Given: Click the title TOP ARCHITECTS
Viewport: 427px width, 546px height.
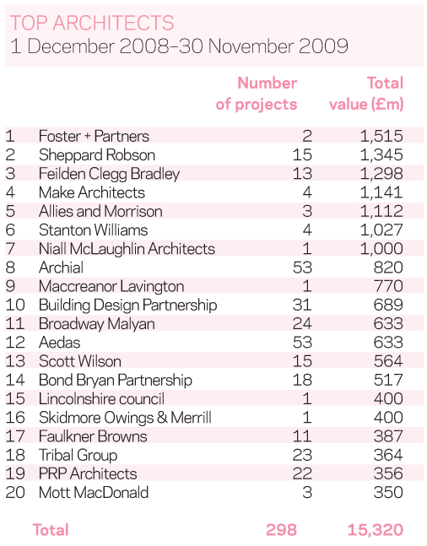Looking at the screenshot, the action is (92, 23).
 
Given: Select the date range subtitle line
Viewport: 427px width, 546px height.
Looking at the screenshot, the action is (179, 46).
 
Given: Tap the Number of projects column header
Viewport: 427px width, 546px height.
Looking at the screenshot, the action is (257, 94).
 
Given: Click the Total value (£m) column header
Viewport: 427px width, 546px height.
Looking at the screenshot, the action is (366, 94).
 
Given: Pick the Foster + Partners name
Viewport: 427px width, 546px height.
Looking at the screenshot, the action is (94, 136).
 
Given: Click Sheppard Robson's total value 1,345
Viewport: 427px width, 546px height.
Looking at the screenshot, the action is (381, 155).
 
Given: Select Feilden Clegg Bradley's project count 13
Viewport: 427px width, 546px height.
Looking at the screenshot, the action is (302, 173).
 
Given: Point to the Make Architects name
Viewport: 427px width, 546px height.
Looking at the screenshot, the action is (92, 192).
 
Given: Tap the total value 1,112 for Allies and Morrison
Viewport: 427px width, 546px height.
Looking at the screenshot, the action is (381, 211).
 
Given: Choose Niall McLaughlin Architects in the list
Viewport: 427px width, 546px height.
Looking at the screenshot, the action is (127, 249).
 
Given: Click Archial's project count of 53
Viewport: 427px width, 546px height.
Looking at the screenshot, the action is (302, 268).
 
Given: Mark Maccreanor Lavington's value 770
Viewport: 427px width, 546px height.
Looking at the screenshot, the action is (388, 286).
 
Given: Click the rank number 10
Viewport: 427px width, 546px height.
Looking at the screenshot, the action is (15, 305).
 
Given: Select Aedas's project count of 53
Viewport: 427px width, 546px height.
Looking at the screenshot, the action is (302, 343).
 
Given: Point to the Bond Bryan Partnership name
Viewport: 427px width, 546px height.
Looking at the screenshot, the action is (116, 381).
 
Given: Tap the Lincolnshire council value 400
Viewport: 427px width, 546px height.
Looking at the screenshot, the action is (388, 398).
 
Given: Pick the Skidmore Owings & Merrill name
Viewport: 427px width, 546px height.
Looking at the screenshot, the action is (125, 418).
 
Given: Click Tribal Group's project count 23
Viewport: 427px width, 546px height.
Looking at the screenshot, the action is (302, 455).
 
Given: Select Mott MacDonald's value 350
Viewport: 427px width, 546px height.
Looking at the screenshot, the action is (388, 492).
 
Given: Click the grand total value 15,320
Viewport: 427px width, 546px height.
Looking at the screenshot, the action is (376, 530).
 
